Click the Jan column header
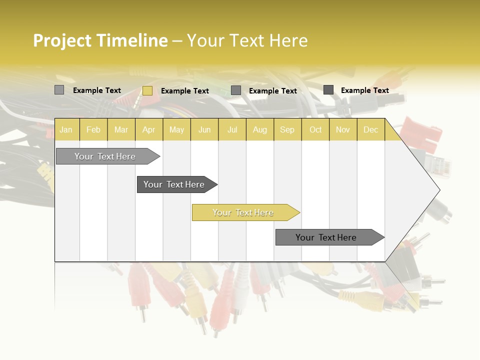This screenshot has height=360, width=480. (66, 129)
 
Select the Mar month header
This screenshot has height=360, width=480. (121, 129)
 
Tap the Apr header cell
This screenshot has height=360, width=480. (148, 129)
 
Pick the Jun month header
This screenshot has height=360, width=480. (204, 129)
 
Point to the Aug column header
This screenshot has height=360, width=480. (259, 129)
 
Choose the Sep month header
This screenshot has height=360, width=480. (287, 129)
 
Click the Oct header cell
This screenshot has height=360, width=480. (315, 129)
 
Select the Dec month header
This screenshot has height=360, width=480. (370, 129)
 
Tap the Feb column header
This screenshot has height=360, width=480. (93, 129)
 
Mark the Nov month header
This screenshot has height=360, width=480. (343, 129)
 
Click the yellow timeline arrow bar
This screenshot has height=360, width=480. (243, 212)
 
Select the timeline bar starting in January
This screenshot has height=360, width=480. (105, 156)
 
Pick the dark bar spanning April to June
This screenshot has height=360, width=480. (174, 184)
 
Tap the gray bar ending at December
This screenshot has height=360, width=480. (326, 237)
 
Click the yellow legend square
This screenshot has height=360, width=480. (147, 90)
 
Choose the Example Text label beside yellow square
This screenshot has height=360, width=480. (185, 91)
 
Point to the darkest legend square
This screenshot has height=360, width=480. (328, 90)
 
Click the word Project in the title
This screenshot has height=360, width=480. (62, 41)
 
